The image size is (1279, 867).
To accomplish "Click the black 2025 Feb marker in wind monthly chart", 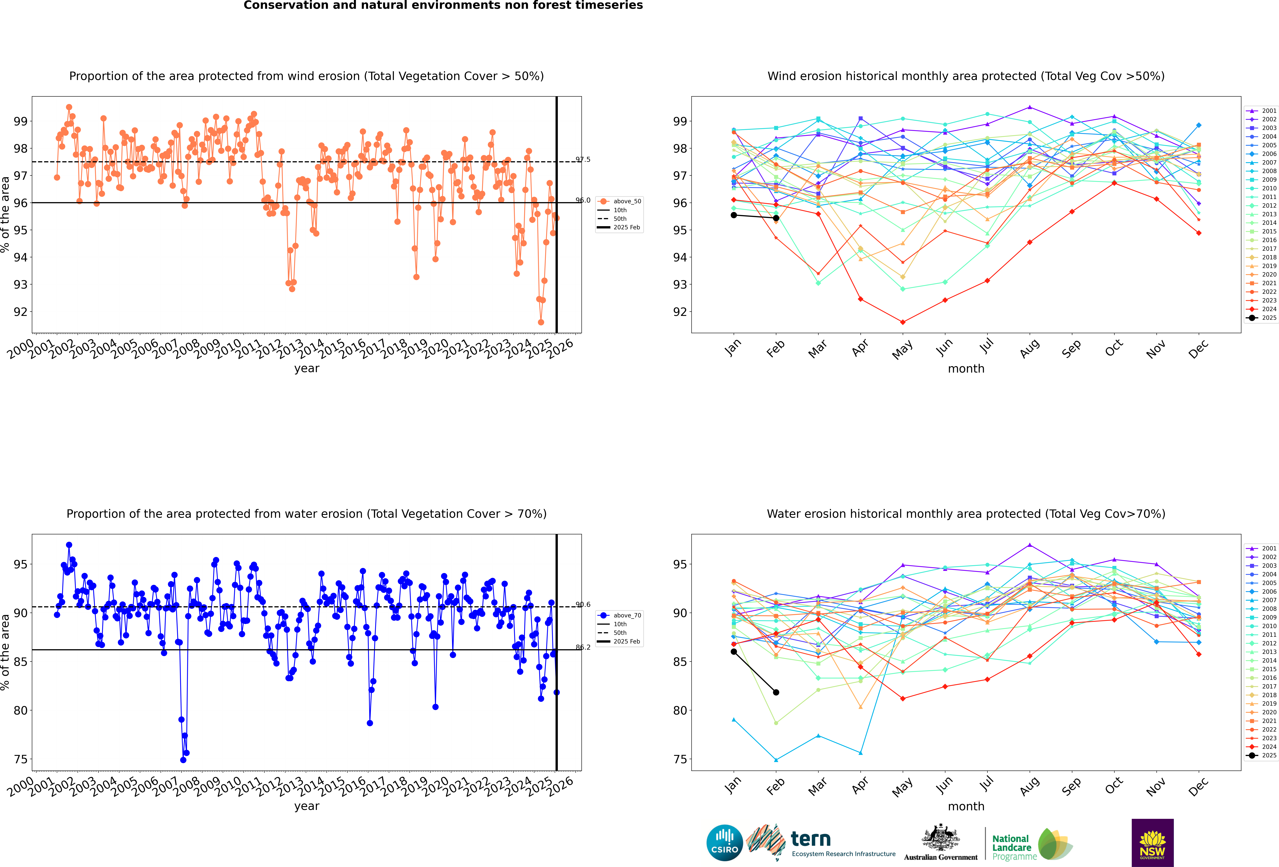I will click(776, 218).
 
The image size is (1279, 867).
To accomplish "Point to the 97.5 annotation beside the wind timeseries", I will click(583, 160).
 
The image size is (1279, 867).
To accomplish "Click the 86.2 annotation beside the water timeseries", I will click(583, 647).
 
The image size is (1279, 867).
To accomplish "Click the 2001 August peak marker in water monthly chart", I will click(1030, 545).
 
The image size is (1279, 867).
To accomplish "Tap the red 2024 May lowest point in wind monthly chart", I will click(903, 322).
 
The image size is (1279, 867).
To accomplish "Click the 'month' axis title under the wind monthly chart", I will click(966, 369).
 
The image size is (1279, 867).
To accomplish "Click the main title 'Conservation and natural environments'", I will click(443, 5).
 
